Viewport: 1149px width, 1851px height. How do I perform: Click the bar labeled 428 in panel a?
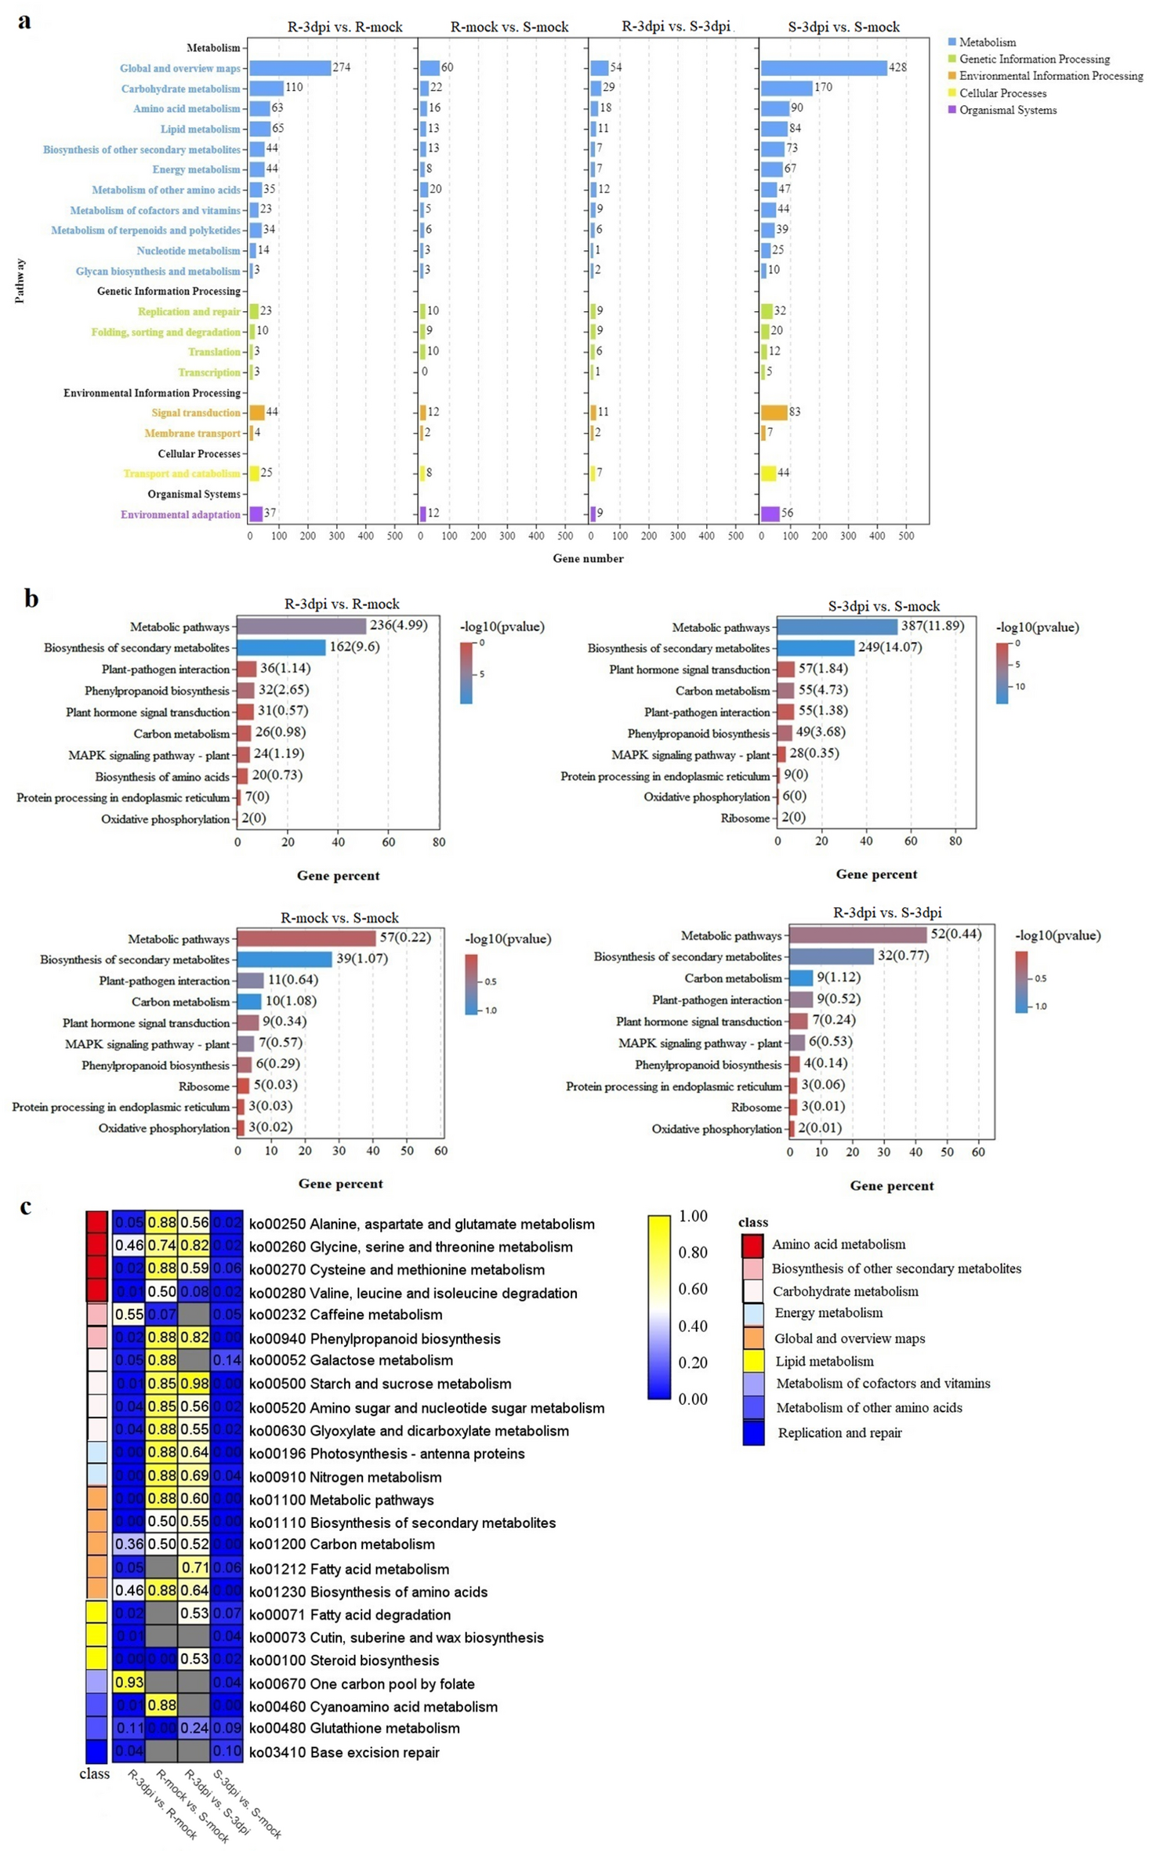coord(823,68)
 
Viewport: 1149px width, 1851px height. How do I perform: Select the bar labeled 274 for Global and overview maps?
coord(289,68)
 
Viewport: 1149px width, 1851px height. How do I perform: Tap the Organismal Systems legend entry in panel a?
coord(1007,110)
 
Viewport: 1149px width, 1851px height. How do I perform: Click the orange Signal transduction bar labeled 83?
coord(774,412)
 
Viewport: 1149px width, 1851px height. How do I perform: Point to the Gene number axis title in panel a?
coord(588,558)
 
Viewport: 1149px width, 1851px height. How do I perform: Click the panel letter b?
coord(31,599)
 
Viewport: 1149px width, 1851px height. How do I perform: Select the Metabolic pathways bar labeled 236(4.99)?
coord(302,626)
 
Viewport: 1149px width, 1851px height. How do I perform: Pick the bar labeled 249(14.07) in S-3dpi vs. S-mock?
coord(815,648)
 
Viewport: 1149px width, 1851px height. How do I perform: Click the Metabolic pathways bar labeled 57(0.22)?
coord(306,938)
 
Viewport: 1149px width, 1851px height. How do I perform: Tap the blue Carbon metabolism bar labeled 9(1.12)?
coord(801,978)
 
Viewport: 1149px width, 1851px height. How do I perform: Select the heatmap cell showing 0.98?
coord(194,1384)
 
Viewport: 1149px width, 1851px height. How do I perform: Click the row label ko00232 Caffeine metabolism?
coord(345,1315)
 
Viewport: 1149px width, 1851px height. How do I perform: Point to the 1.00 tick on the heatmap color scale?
coord(693,1216)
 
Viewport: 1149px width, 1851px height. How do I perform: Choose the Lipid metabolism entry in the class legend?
coord(824,1362)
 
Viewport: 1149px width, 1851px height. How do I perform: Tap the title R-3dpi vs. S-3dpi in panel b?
coord(887,912)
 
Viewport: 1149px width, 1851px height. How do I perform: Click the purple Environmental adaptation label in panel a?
coord(180,514)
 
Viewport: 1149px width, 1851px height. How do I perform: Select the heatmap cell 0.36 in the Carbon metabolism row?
coord(129,1544)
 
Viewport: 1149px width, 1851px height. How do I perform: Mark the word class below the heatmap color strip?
coord(94,1774)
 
